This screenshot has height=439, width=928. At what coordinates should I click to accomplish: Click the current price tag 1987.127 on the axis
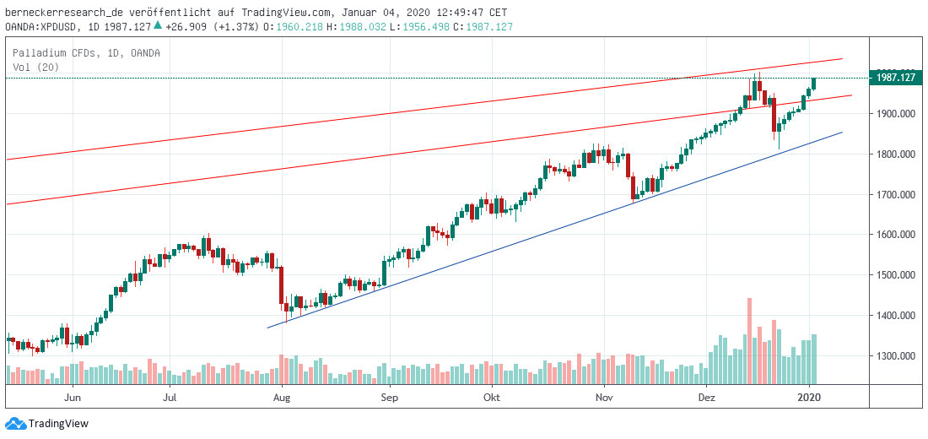[x=896, y=78]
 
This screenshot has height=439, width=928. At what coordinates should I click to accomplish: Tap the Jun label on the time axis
[x=73, y=396]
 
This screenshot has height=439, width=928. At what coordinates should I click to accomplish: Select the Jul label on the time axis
[x=171, y=396]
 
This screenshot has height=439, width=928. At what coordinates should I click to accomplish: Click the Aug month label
[x=283, y=396]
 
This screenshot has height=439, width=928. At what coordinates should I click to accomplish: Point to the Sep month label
[x=389, y=396]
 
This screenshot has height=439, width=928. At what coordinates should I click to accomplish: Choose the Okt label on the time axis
[x=492, y=396]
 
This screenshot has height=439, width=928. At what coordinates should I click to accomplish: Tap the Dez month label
[x=707, y=396]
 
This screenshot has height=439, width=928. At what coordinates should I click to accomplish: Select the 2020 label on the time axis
[x=810, y=396]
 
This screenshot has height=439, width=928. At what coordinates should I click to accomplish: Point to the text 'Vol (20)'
[x=35, y=67]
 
